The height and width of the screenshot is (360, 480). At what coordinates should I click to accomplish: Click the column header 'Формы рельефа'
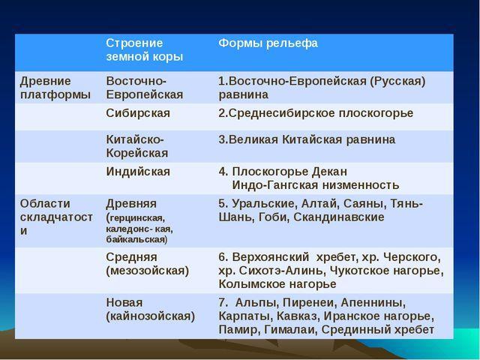click(268, 43)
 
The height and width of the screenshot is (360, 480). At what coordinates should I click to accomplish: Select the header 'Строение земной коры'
click(145, 50)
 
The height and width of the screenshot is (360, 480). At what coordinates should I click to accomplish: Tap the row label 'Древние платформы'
click(55, 88)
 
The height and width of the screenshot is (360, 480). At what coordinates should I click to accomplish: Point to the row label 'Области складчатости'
click(57, 217)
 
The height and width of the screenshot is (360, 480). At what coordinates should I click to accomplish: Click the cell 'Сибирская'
click(138, 113)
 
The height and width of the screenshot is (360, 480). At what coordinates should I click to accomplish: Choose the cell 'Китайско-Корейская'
click(137, 146)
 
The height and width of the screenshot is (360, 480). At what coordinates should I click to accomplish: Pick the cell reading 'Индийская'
click(138, 172)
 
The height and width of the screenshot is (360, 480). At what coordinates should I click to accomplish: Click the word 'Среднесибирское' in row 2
click(282, 113)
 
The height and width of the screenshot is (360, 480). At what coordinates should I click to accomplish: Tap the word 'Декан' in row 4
click(329, 172)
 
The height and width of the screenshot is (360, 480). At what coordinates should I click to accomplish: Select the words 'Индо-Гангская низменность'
click(316, 185)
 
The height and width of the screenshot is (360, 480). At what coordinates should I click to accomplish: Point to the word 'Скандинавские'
click(339, 217)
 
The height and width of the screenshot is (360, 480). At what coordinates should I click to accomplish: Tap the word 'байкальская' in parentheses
click(136, 239)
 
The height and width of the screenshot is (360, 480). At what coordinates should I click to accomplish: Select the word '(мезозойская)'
click(148, 271)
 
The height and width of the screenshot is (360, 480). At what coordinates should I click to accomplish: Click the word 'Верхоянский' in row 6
click(271, 257)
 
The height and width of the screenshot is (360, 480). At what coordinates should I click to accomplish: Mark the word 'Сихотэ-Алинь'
click(280, 271)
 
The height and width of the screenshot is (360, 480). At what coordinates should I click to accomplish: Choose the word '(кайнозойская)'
click(151, 316)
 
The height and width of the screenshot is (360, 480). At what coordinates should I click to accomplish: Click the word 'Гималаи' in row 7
click(289, 330)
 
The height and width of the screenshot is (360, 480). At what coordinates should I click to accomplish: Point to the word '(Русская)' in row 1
click(397, 82)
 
